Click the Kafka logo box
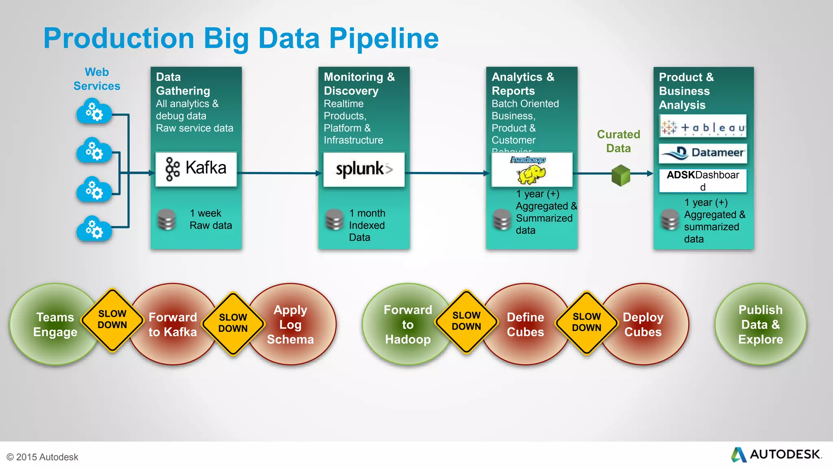[196, 169]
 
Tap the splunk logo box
[364, 169]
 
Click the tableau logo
[703, 127]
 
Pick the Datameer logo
[703, 153]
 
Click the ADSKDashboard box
[703, 180]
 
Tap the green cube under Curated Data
[621, 175]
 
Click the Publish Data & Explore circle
[760, 324]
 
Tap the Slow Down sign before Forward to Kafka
[112, 320]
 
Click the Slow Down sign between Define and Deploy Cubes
[586, 322]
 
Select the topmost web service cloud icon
[94, 112]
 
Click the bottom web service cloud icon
[94, 229]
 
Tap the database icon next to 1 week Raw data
[167, 220]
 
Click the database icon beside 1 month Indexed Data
[335, 220]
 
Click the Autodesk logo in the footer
[776, 454]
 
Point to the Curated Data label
[618, 141]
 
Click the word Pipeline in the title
[384, 39]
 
